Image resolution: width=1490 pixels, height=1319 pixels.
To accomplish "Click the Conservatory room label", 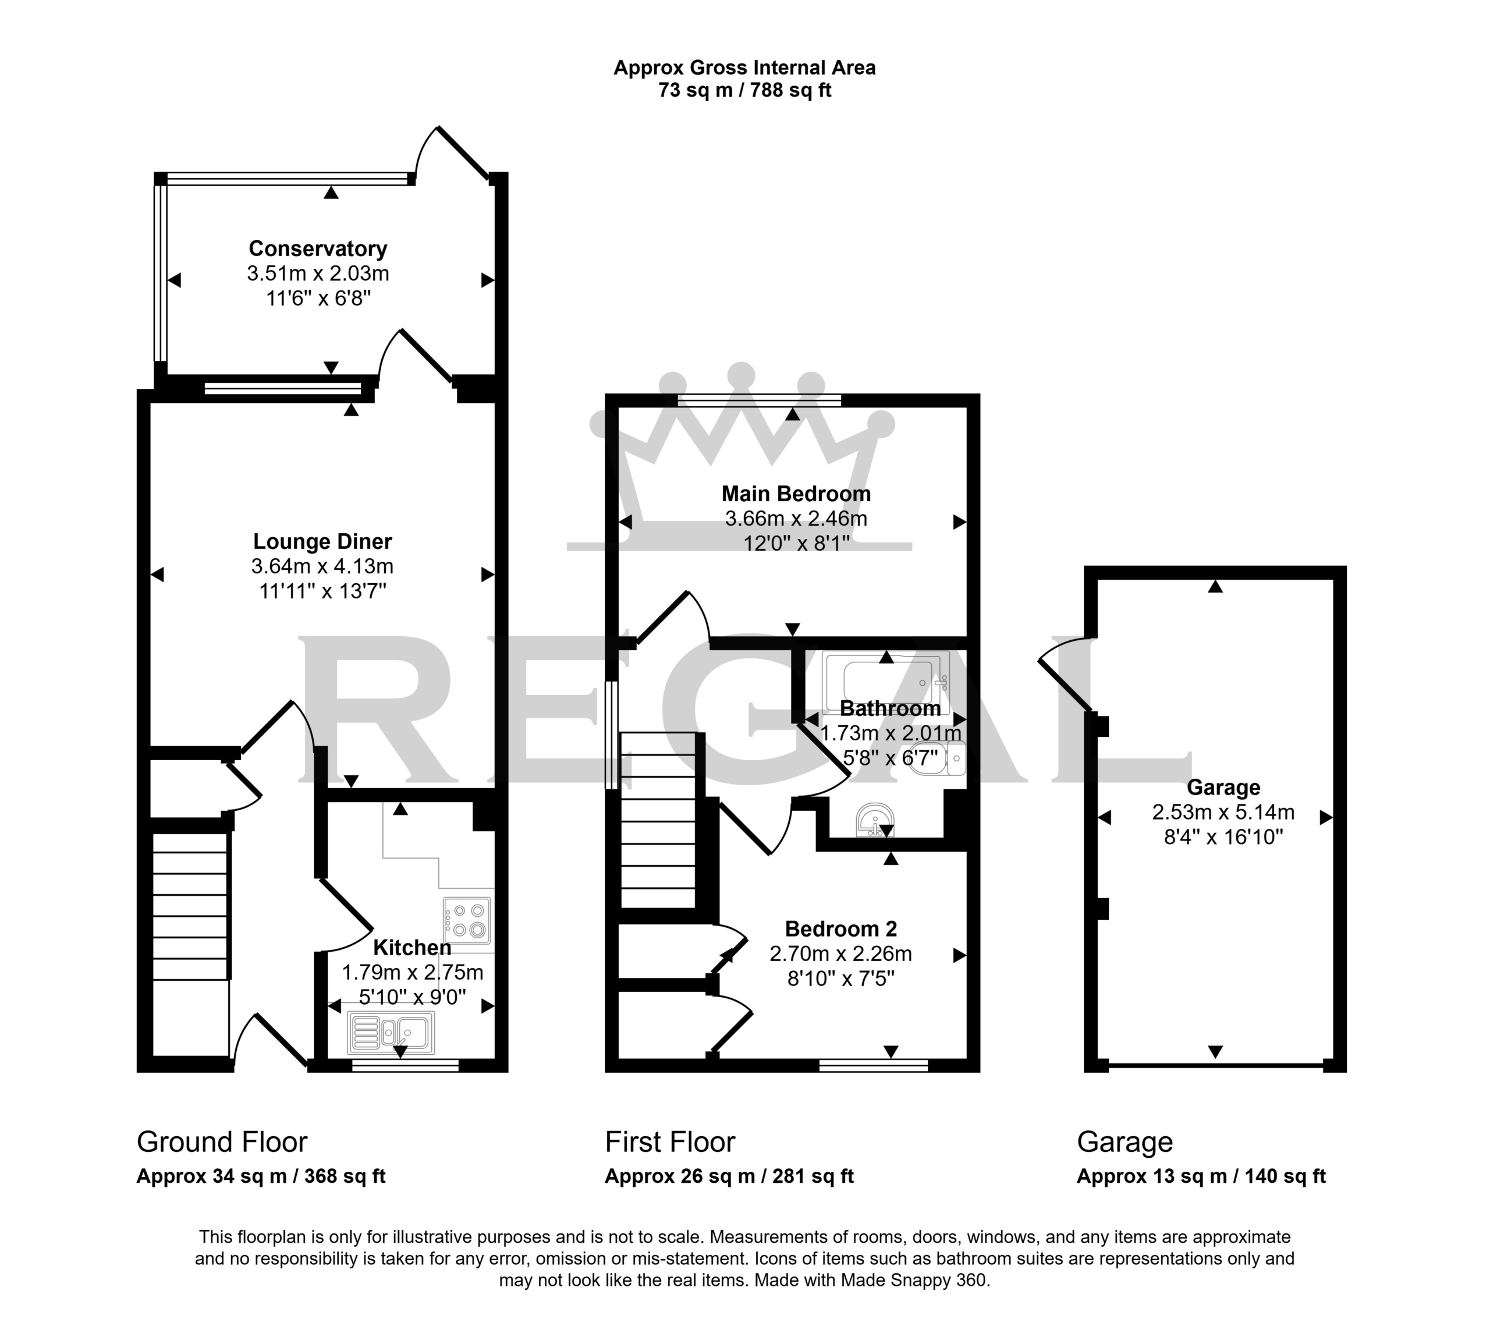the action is [318, 249].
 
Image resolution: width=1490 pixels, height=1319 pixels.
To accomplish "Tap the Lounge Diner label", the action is [322, 542].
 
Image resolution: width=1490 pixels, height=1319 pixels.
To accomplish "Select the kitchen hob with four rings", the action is [467, 920].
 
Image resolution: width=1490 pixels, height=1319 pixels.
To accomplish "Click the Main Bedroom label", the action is [796, 494].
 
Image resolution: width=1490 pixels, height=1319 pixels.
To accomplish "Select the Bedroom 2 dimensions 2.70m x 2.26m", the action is [840, 953].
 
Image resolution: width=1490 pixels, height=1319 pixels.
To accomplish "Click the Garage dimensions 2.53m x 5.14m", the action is [1223, 812].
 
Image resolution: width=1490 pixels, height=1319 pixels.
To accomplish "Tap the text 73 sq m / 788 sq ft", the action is [744, 90].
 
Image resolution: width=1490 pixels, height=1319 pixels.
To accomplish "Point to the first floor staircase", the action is [658, 820].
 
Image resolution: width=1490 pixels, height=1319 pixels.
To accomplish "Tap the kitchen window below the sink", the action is [405, 1065].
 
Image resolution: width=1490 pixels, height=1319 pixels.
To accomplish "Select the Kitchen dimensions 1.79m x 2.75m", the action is [413, 973].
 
